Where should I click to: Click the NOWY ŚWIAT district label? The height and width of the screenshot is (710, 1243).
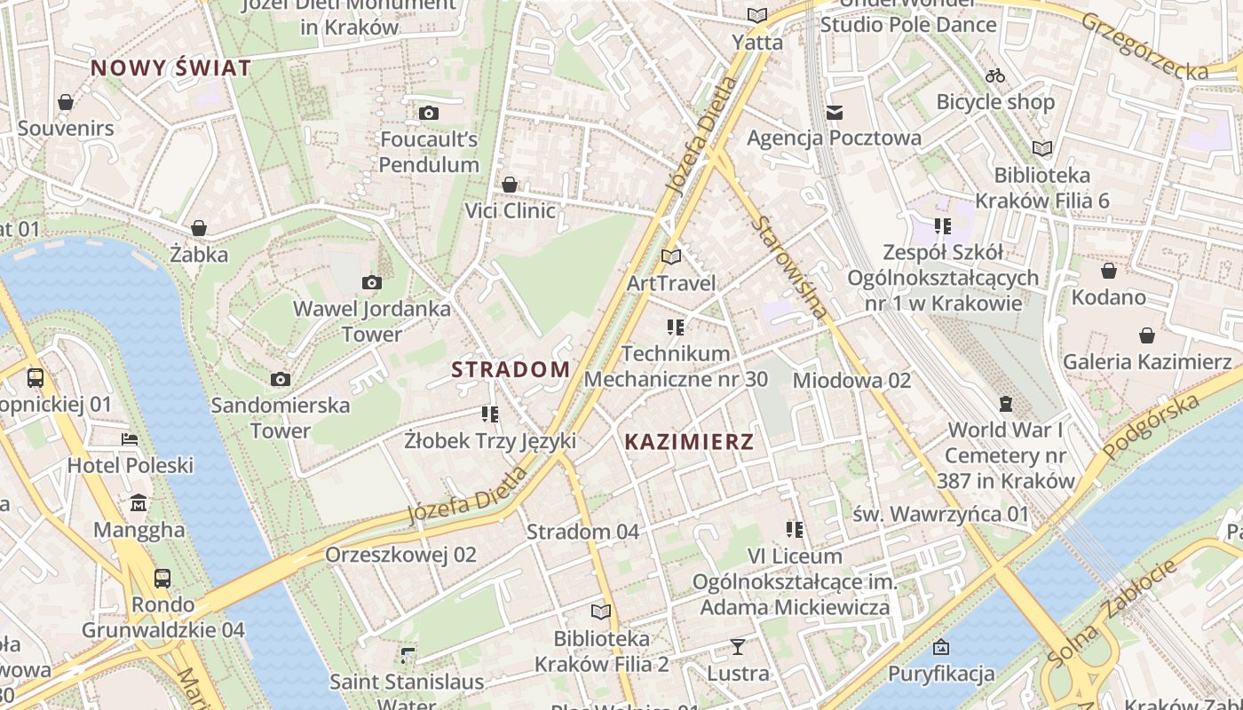coord(170,67)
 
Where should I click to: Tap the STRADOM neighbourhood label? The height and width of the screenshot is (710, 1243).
coord(511,369)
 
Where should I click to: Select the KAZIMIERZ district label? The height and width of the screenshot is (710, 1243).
coord(689,441)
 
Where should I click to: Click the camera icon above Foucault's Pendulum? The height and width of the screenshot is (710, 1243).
coord(429,113)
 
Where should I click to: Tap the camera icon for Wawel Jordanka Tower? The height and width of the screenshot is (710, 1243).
coord(372,283)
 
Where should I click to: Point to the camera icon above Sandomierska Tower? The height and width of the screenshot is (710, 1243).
coord(281,380)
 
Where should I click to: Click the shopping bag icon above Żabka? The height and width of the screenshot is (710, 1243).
coord(199,228)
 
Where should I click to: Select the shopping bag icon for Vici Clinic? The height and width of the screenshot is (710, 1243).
coord(510,185)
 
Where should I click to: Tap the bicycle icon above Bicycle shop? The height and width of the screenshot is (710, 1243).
coord(995,75)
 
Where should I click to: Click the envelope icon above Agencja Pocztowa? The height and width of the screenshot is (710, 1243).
coord(834,112)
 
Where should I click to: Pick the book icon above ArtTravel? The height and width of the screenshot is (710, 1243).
coord(671,257)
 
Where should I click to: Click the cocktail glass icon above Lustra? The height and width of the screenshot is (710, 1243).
coord(737,646)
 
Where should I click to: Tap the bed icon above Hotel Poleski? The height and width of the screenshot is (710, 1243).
coord(130,439)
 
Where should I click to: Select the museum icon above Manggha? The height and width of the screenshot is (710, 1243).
coord(139,504)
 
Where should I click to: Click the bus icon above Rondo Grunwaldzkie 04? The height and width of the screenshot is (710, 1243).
coord(162,579)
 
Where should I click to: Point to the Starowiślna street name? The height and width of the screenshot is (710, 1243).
coord(789,266)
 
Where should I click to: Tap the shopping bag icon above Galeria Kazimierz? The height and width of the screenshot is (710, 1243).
coord(1147,335)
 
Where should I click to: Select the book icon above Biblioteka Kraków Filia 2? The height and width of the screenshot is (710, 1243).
coord(601,611)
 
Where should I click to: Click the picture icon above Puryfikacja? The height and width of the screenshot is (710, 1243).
coord(941,647)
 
